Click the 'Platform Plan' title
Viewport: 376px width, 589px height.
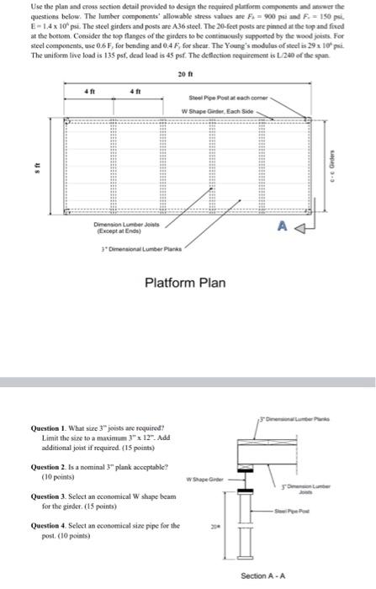[x=185, y=282]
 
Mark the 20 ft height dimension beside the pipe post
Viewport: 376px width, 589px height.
[x=211, y=532]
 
